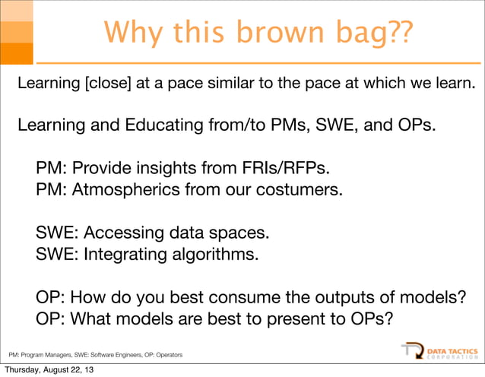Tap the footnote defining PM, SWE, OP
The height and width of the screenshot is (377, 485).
95,354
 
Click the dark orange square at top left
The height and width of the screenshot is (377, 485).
16,53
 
